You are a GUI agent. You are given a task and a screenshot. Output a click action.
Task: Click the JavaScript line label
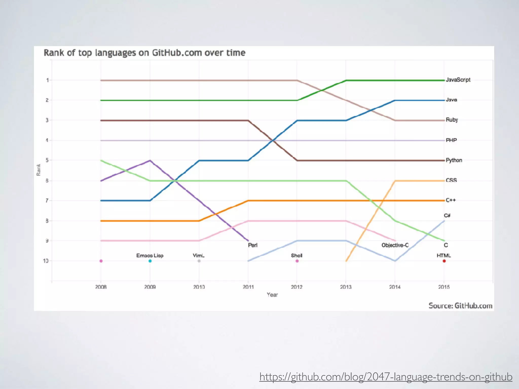[x=458, y=80]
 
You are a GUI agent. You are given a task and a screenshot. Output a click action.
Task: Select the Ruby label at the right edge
[x=452, y=120]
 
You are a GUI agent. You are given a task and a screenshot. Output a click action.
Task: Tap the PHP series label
[x=451, y=140]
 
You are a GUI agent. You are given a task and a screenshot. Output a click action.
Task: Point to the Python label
[x=454, y=160]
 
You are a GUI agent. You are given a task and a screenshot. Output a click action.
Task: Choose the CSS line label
[x=451, y=180]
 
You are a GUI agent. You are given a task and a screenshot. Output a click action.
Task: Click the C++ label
[x=451, y=200]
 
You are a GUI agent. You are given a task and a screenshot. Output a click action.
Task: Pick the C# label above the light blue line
[x=447, y=216]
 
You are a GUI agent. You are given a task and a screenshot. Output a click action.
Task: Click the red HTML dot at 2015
[x=444, y=261]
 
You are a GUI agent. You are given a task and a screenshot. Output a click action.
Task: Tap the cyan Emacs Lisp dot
[x=150, y=261]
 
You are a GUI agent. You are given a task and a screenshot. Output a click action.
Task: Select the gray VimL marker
[x=199, y=261]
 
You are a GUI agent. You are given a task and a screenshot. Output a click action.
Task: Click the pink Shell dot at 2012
[x=297, y=261]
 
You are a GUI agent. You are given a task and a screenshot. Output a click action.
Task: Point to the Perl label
[x=253, y=245]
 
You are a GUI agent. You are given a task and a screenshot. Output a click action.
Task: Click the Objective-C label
[x=395, y=245]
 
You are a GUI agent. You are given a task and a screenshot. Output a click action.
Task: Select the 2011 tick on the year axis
[x=248, y=287]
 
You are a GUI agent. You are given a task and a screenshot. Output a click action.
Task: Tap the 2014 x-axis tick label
[x=395, y=287]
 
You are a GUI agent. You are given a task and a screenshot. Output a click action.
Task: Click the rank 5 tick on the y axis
[x=47, y=160]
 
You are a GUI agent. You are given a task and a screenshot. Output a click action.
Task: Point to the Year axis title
[x=272, y=295]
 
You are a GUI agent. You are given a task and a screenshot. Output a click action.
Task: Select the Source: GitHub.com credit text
[x=460, y=306]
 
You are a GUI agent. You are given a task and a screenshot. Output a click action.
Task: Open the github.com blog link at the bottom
[x=386, y=377]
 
